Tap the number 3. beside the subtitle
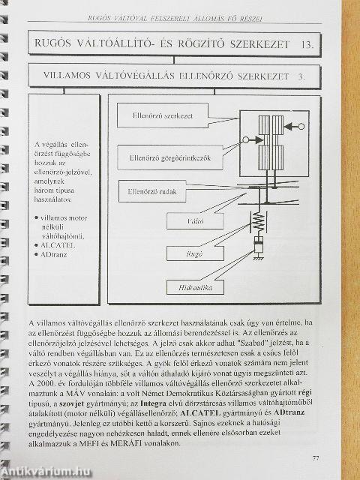(301, 76)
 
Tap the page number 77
(316, 457)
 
